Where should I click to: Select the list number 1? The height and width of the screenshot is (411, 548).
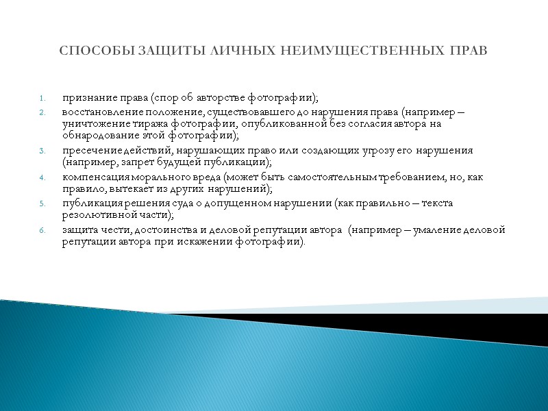[x=42, y=96]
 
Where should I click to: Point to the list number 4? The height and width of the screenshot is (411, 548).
[x=42, y=177]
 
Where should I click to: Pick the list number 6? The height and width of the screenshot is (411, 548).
[x=42, y=230]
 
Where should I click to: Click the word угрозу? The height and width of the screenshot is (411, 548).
[x=357, y=150]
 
